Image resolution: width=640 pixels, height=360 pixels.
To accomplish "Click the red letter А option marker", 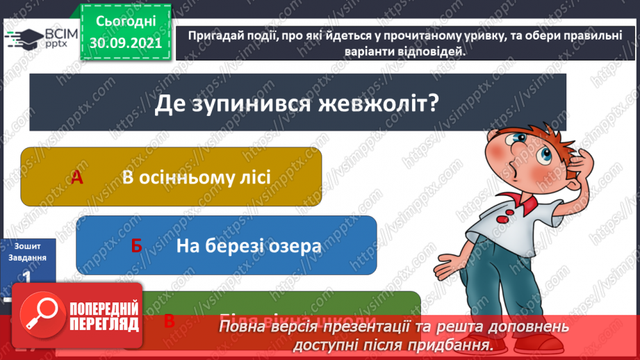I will click(77, 178).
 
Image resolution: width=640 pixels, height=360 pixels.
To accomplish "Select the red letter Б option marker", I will click(136, 246).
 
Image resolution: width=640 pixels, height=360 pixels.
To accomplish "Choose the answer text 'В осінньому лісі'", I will click(196, 177).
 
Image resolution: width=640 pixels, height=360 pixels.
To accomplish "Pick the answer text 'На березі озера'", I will click(248, 245).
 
